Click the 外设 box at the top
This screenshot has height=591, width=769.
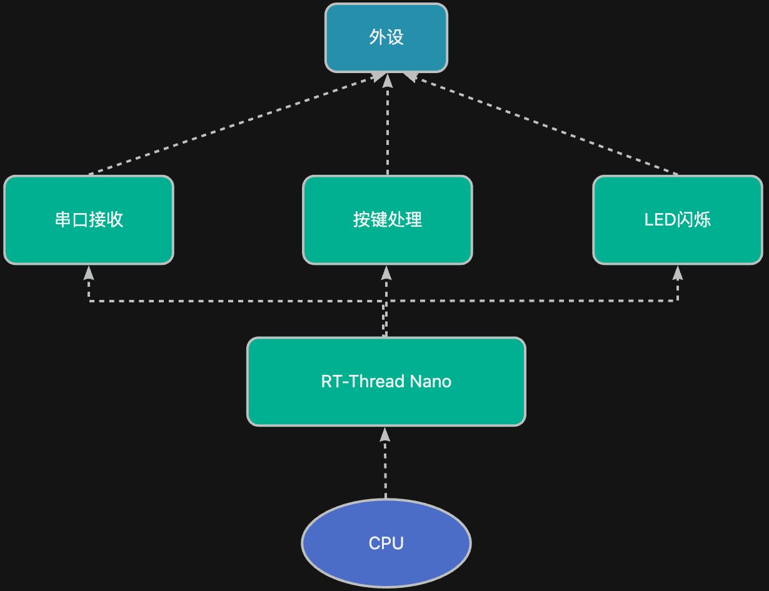point(386,37)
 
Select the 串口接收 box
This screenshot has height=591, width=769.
point(89,220)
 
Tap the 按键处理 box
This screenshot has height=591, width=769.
point(388,220)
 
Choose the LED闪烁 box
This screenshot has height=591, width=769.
point(677,220)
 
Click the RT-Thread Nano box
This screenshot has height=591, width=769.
point(386,382)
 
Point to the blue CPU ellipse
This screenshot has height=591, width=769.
point(386,543)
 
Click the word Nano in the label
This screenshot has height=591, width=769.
point(430,381)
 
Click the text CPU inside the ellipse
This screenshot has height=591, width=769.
point(386,544)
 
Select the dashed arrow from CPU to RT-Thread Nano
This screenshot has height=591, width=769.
point(385,463)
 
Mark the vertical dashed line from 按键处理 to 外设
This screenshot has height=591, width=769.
point(388,124)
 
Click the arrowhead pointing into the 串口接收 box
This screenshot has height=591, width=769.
point(89,273)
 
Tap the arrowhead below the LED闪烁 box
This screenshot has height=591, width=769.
point(677,273)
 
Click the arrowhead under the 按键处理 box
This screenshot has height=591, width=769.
point(386,273)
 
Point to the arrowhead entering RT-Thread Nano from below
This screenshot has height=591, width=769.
point(385,435)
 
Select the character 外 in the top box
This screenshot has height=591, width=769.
point(377,37)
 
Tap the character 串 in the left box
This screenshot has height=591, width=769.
point(63,219)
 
